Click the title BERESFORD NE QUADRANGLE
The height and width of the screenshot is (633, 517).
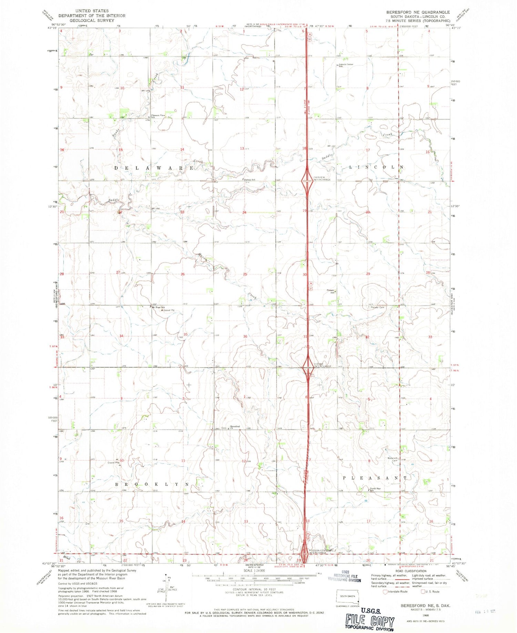tap(418, 12)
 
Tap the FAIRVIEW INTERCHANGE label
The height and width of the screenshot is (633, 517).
tap(322, 178)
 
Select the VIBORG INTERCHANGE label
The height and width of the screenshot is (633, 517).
tap(322, 365)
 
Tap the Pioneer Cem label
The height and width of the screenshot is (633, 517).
tap(377, 307)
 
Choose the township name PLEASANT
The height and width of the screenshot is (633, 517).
tap(375, 478)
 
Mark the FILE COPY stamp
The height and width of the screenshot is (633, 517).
tap(370, 621)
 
